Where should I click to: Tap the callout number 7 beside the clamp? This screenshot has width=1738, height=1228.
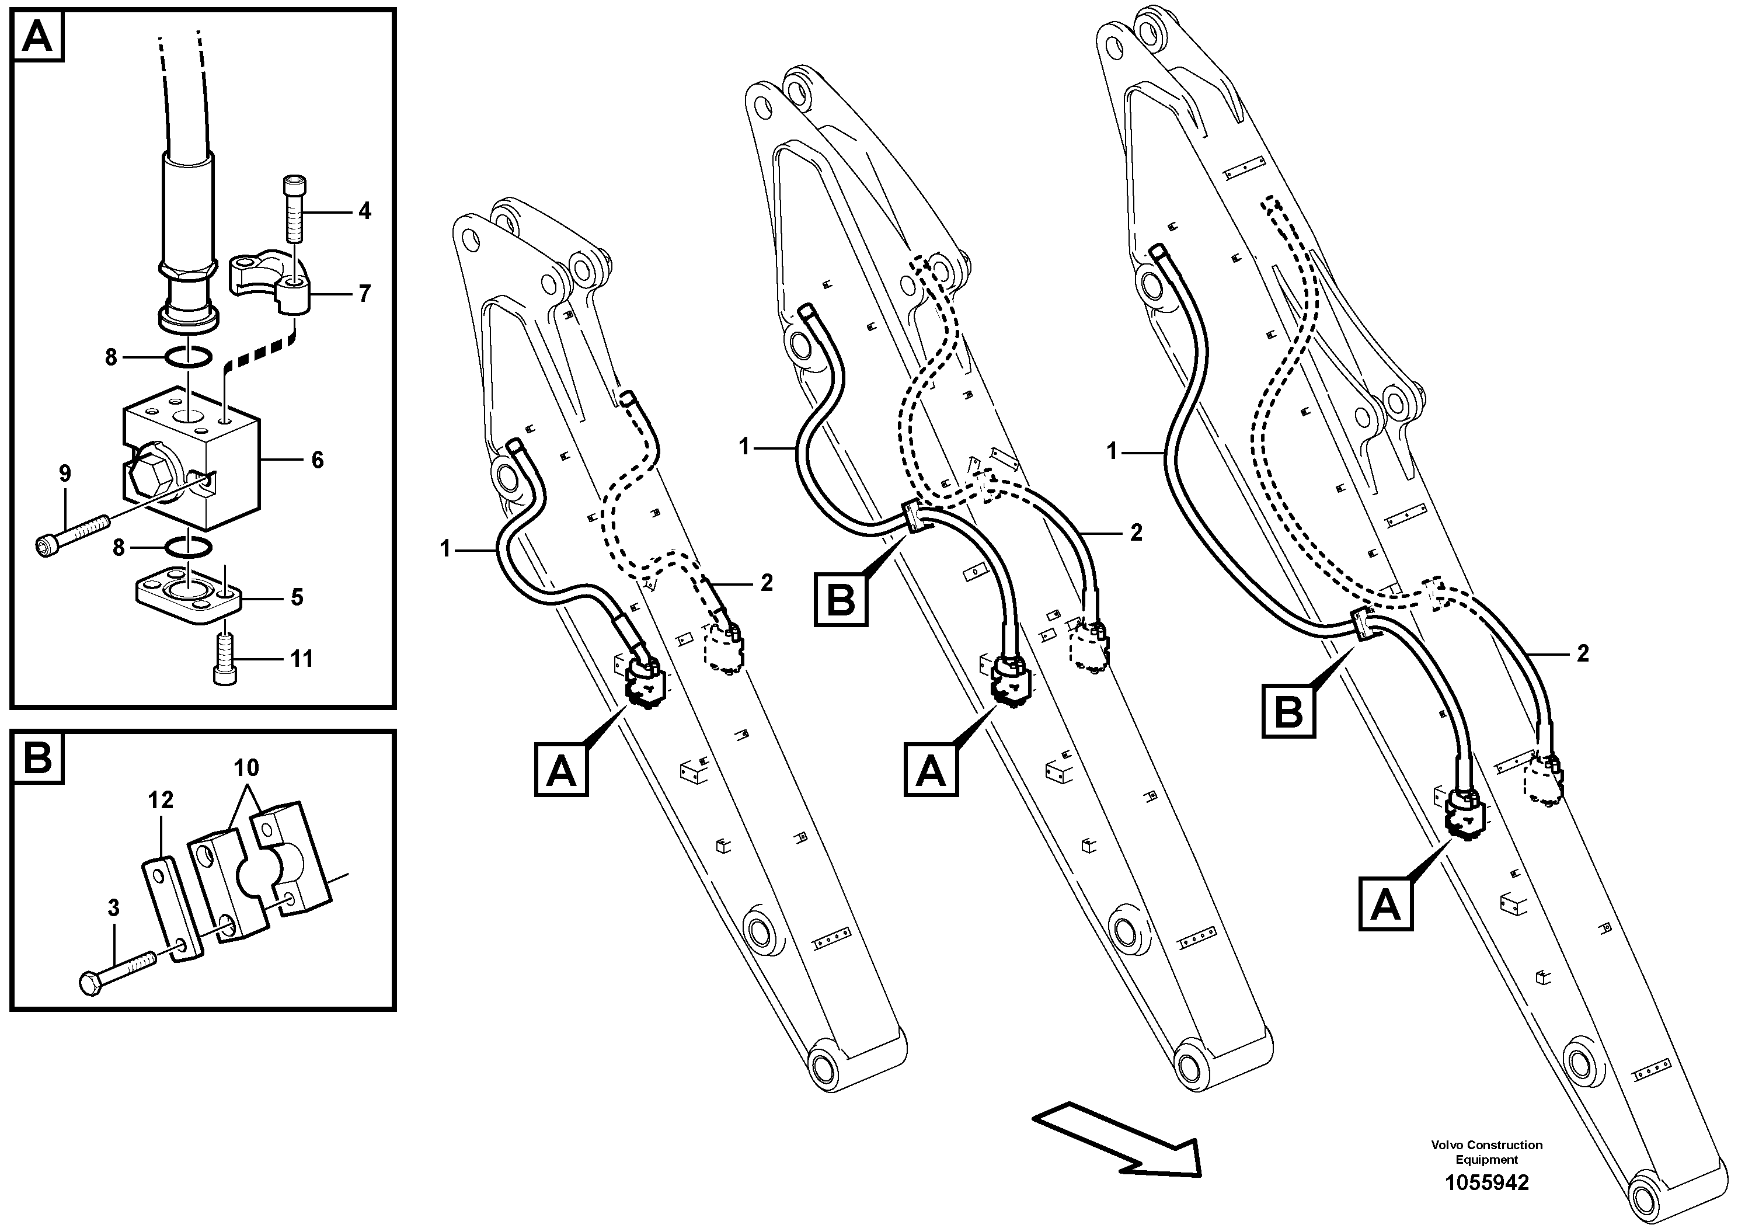pyautogui.click(x=365, y=294)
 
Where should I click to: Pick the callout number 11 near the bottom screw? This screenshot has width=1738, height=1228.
pyautogui.click(x=301, y=659)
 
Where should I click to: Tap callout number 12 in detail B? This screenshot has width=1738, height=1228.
pyautogui.click(x=161, y=799)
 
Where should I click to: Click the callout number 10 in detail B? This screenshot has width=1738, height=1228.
pyautogui.click(x=246, y=768)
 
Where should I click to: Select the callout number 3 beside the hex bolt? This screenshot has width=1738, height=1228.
pyautogui.click(x=113, y=908)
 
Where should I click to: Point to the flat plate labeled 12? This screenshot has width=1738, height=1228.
pyautogui.click(x=171, y=909)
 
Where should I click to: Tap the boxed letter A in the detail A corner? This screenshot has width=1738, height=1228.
pyautogui.click(x=38, y=36)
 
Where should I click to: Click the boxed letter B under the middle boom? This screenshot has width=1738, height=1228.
pyautogui.click(x=840, y=600)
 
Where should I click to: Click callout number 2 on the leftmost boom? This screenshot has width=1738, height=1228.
pyautogui.click(x=767, y=582)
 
